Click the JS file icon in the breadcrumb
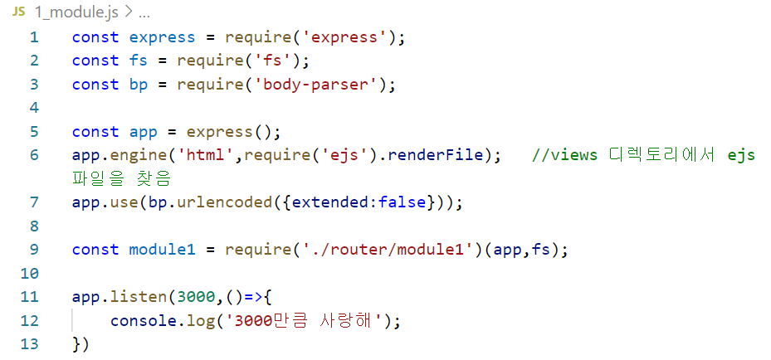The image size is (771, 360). point(18,13)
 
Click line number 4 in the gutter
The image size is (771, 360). point(33,108)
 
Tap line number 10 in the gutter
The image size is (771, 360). point(29,274)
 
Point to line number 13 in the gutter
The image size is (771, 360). point(29,344)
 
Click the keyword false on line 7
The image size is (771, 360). point(402,202)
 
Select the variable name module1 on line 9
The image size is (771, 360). point(163,250)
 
